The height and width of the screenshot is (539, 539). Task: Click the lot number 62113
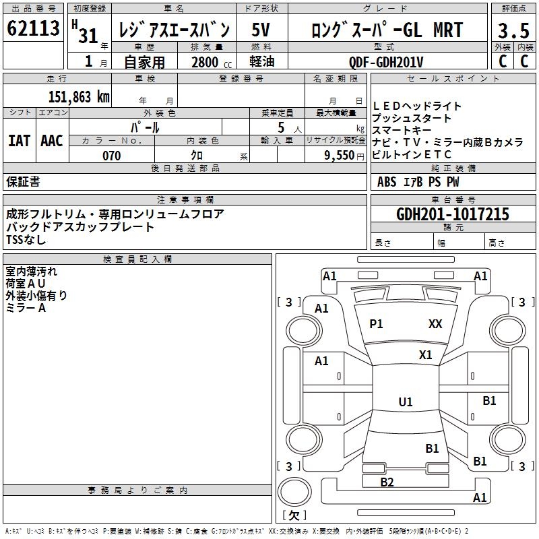click(x=34, y=29)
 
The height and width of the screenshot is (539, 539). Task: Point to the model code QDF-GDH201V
click(x=386, y=61)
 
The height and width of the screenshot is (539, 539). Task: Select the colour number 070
click(x=111, y=156)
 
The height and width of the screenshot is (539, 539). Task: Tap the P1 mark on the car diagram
click(x=376, y=324)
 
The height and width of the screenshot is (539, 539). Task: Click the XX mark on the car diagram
click(x=435, y=324)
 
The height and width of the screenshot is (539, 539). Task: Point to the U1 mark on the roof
click(x=406, y=402)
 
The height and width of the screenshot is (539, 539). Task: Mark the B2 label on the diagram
click(x=387, y=482)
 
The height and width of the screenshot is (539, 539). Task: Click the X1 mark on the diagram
click(x=425, y=354)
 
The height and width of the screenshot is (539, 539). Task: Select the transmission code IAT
click(x=19, y=141)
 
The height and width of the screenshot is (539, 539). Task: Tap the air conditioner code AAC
click(x=52, y=141)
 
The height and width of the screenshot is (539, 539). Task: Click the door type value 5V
click(x=261, y=30)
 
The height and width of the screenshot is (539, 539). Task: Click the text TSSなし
click(x=26, y=240)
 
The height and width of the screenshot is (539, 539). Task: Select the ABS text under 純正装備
click(x=387, y=182)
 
